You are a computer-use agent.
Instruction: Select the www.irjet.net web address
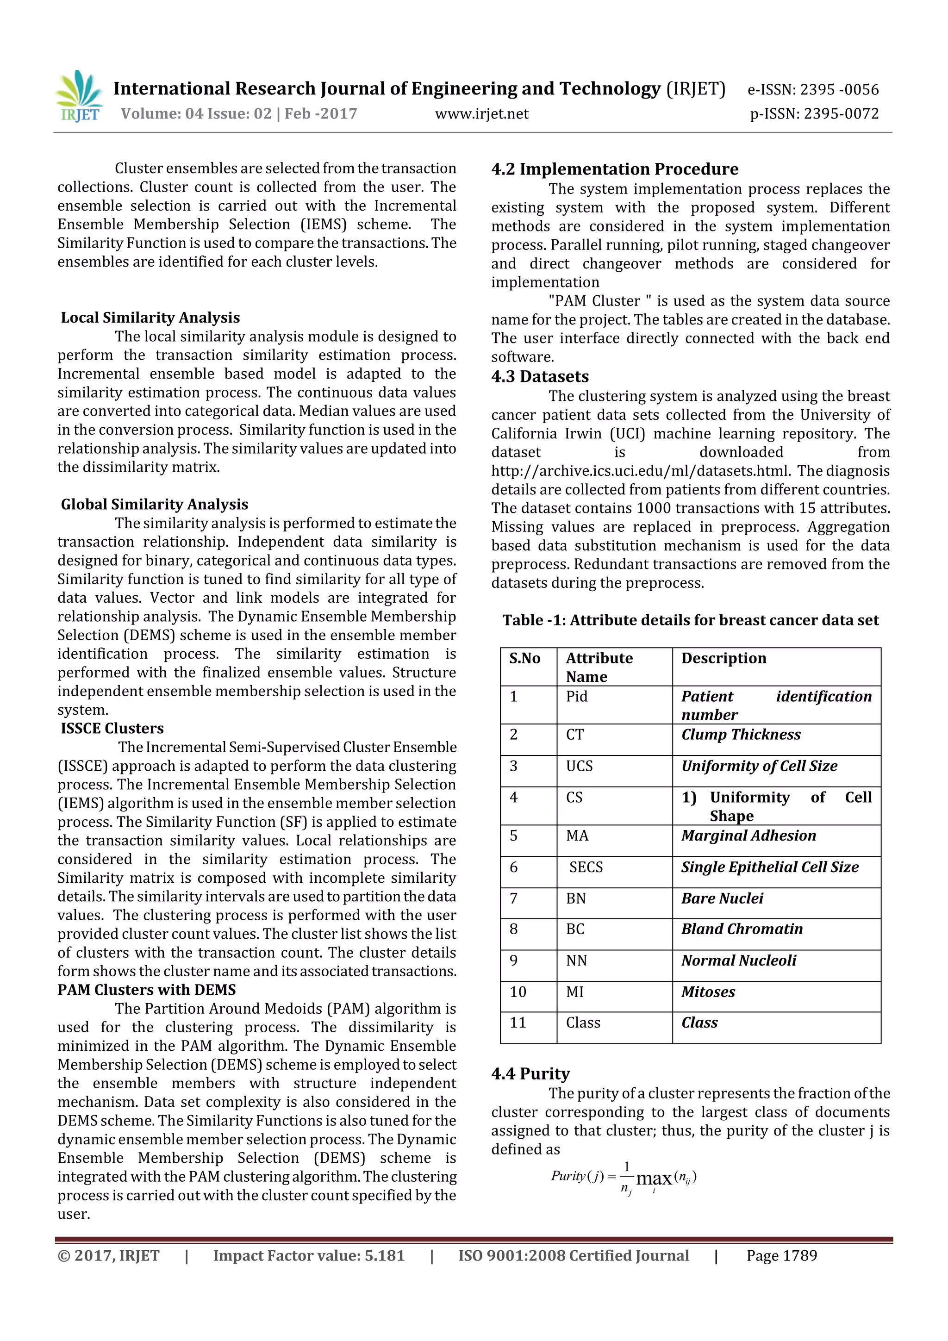coord(481,114)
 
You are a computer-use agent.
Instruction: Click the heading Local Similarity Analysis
coord(150,318)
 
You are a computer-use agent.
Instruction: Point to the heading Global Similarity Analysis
coord(154,504)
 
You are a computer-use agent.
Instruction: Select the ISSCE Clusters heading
coord(112,728)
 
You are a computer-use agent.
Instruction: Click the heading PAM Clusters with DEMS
coord(147,989)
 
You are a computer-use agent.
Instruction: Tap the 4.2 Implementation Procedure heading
coord(614,169)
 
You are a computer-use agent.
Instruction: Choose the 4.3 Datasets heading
coord(540,377)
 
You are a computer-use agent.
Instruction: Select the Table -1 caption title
coord(691,620)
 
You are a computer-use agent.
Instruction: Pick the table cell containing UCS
coord(579,766)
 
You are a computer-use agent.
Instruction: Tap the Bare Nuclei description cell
coord(722,898)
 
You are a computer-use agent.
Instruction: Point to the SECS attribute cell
coord(586,867)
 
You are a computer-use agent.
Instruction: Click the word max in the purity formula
coord(654,1179)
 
